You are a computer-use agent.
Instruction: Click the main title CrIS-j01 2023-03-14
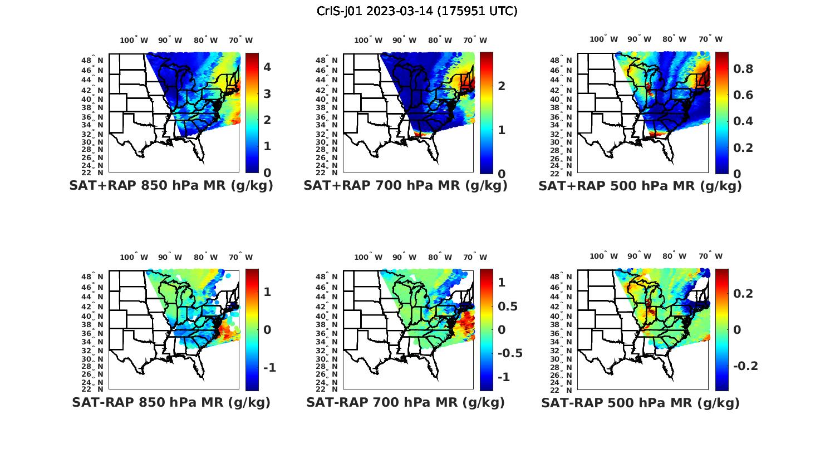click(417, 11)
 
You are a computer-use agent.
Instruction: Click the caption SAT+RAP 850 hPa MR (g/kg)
click(171, 186)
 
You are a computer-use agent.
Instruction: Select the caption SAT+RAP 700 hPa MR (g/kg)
click(405, 186)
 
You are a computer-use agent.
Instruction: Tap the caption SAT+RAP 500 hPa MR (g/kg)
click(640, 186)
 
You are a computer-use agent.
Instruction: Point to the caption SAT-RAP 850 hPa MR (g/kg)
click(171, 402)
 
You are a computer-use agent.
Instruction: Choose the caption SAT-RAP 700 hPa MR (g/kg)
click(405, 402)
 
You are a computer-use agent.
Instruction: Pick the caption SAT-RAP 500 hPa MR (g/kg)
click(640, 402)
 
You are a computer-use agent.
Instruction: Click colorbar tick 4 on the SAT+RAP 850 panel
click(267, 67)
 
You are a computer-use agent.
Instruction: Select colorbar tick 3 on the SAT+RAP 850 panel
click(267, 93)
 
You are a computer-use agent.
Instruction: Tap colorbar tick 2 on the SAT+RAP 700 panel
click(502, 86)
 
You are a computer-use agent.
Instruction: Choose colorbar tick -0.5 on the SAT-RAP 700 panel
click(509, 353)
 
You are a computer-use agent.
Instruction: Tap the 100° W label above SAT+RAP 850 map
click(134, 40)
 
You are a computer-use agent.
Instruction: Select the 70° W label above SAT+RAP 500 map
click(710, 39)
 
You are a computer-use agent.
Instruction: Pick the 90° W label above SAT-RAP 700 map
click(405, 257)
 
